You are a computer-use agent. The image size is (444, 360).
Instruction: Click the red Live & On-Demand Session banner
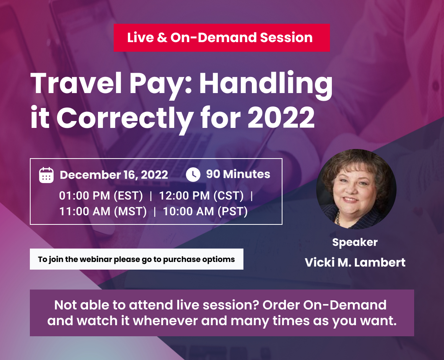pos(222,38)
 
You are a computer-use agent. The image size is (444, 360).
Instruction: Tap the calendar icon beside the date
pos(46,175)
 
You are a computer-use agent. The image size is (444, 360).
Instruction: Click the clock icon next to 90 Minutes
pos(193,174)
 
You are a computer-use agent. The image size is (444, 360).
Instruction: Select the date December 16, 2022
pos(114,175)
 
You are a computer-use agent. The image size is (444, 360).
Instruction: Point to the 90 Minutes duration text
pos(238,174)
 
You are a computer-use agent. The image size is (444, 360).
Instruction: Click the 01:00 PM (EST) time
pos(101,196)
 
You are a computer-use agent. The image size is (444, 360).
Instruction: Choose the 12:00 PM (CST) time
pos(201,196)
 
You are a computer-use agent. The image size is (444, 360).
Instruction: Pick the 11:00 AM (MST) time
pos(103,211)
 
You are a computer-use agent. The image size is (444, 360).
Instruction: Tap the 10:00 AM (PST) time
pos(205,211)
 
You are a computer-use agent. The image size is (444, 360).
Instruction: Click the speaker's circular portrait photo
pos(356,189)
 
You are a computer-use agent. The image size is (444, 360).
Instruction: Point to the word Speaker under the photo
pos(355,242)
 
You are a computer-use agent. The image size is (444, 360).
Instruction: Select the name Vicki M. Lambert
pos(355,262)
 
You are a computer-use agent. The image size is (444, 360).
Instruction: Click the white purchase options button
pos(137,259)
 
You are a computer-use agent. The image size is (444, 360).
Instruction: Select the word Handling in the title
pos(266,84)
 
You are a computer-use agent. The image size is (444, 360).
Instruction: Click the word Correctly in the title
pos(125,119)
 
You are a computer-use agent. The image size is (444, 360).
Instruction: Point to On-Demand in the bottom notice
pos(344,305)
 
